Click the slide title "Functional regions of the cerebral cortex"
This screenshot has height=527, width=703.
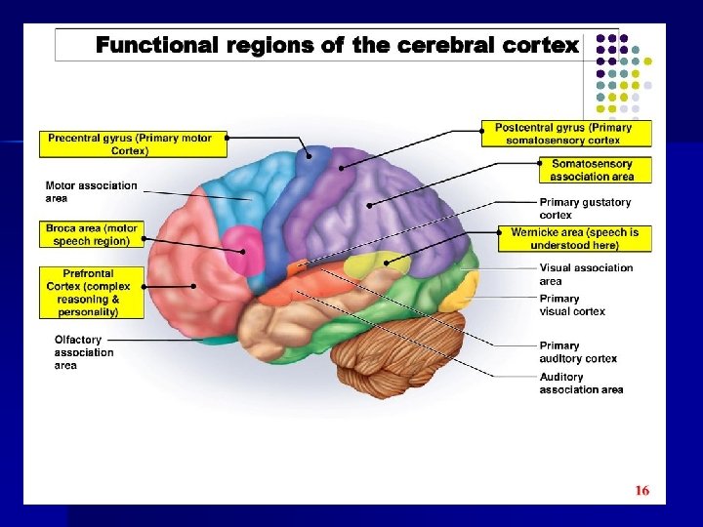(337, 45)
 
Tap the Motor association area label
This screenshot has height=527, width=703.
(92, 191)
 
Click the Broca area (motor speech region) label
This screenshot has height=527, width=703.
(93, 234)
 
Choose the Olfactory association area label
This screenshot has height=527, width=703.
(84, 352)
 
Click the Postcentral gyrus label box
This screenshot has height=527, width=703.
(563, 134)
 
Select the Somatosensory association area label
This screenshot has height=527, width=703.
(592, 171)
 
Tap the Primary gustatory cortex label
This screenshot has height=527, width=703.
(586, 208)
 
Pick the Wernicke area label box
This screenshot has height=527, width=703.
(574, 238)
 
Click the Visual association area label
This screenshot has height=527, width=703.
(586, 274)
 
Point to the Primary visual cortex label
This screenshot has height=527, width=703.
(572, 304)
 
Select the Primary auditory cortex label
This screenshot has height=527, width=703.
(578, 351)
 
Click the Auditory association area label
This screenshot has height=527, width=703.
(581, 383)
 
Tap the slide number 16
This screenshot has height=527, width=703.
(641, 491)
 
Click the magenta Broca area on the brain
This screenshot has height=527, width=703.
(239, 248)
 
